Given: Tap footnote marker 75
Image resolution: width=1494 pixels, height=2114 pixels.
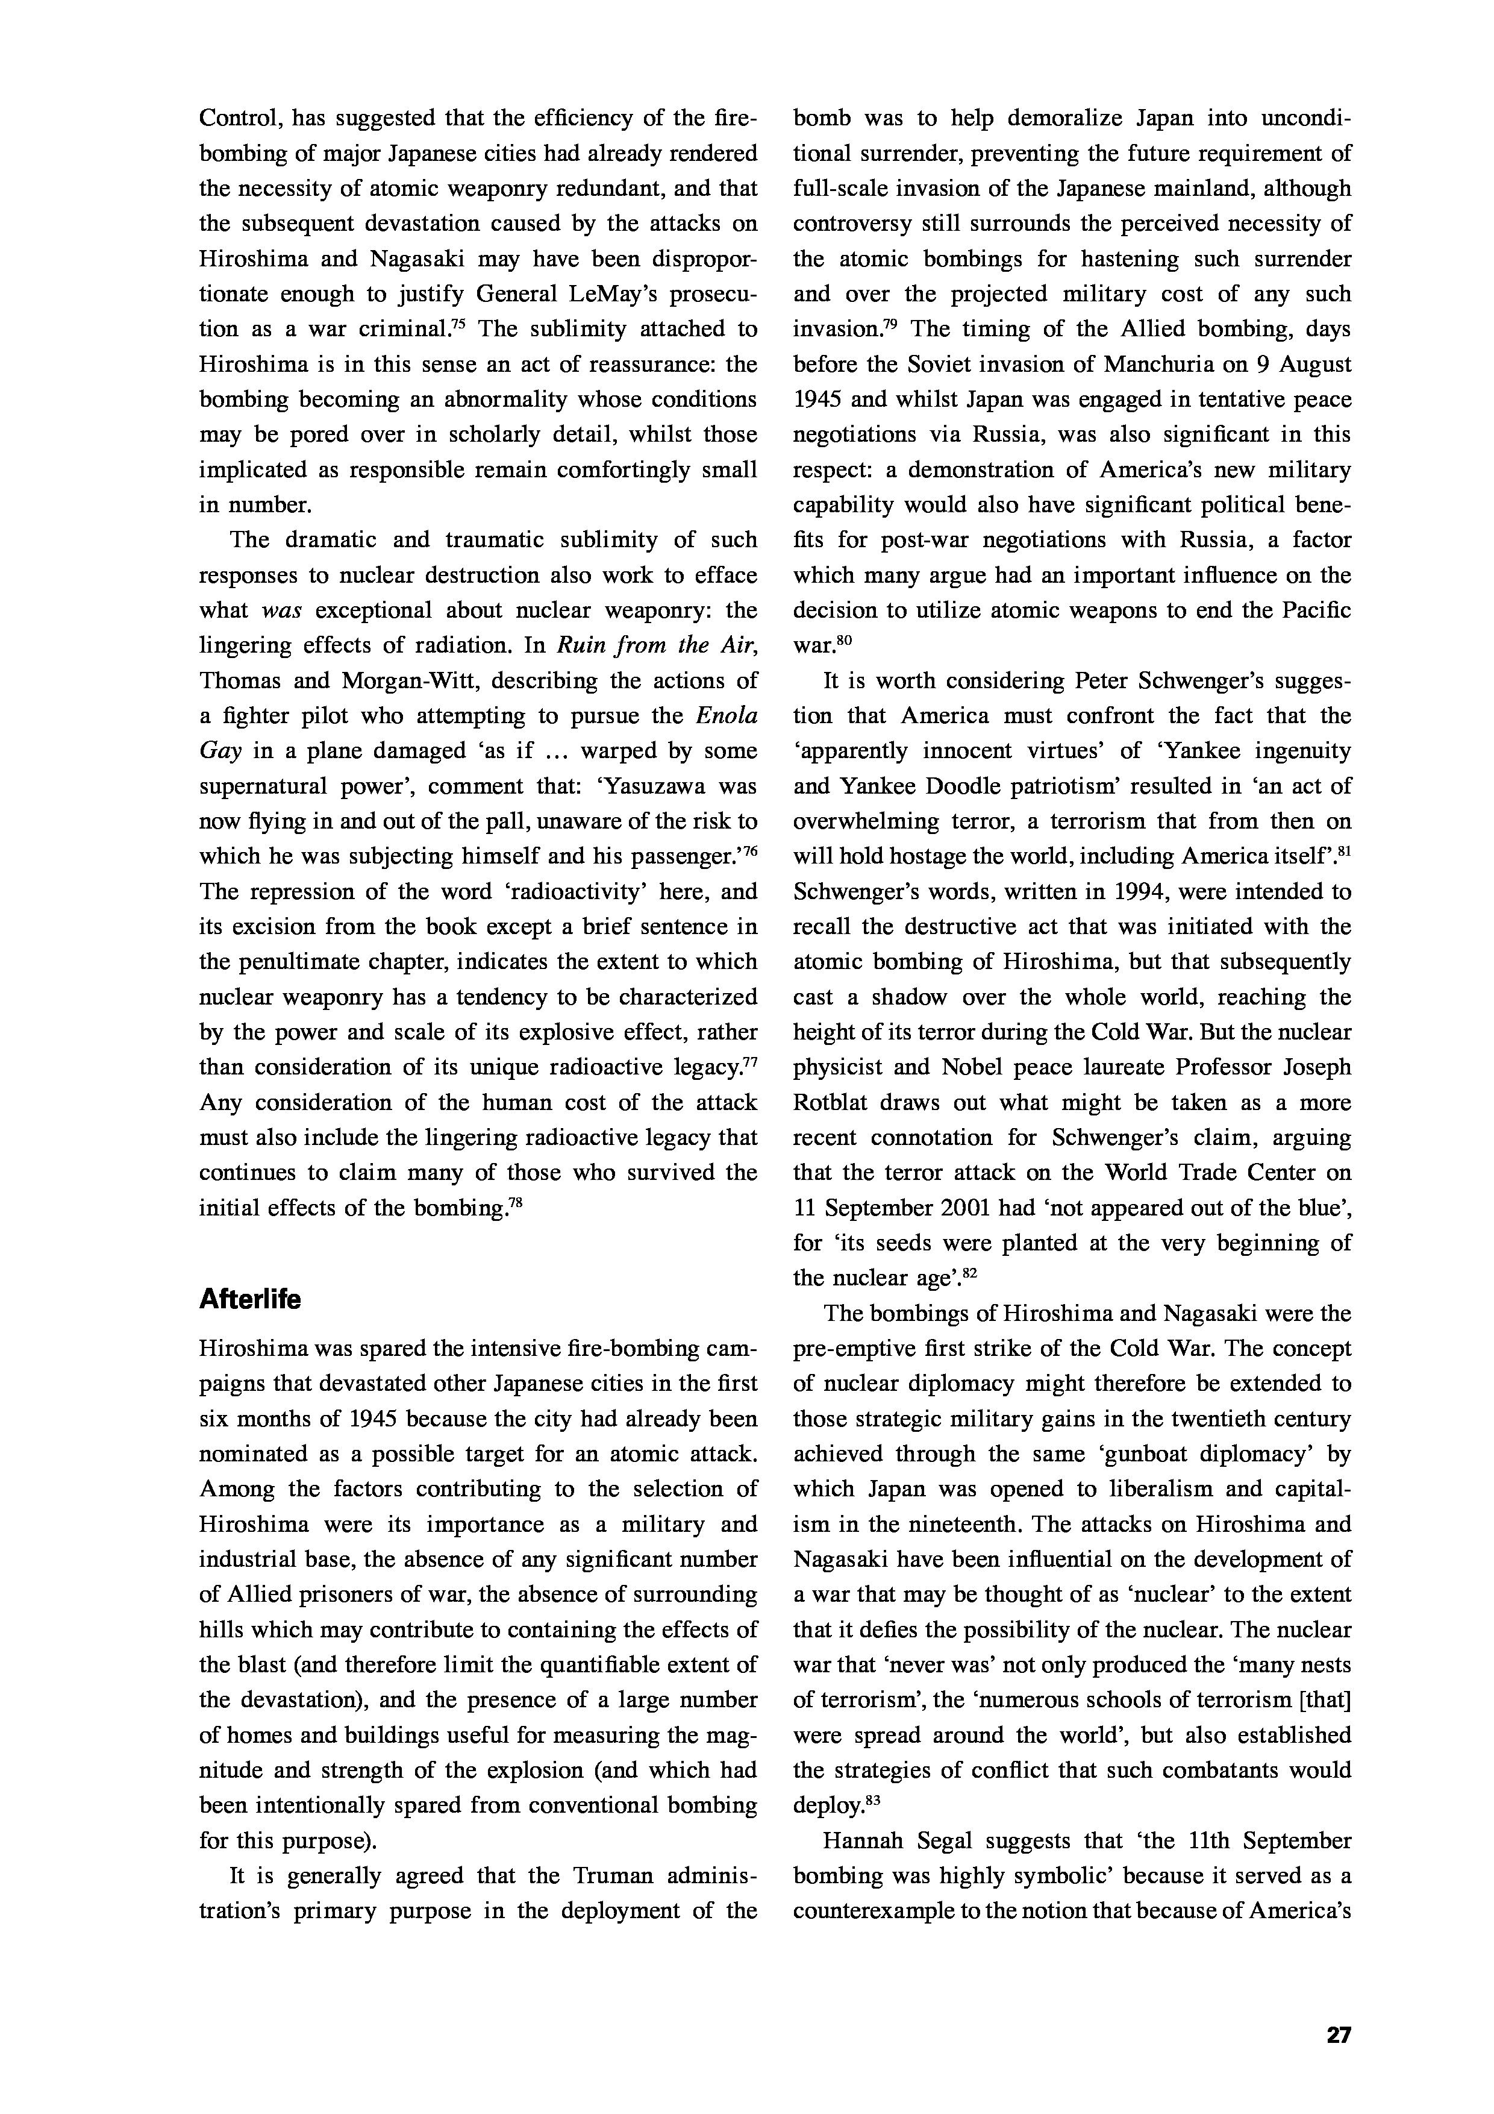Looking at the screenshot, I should point(459,323).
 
